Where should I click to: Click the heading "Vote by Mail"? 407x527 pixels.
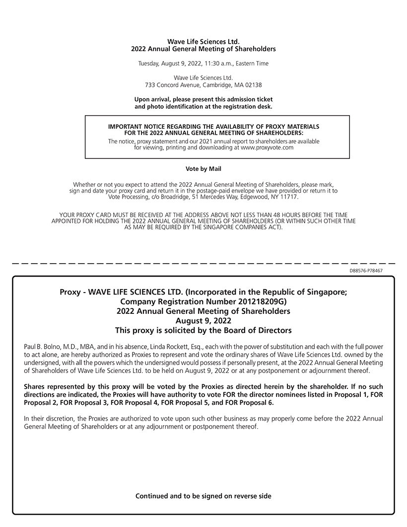pos(203,169)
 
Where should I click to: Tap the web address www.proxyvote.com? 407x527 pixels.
pos(267,148)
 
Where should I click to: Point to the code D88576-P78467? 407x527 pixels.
pos(366,271)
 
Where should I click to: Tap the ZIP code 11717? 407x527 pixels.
pos(290,197)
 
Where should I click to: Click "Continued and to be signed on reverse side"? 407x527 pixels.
pos(203,496)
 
